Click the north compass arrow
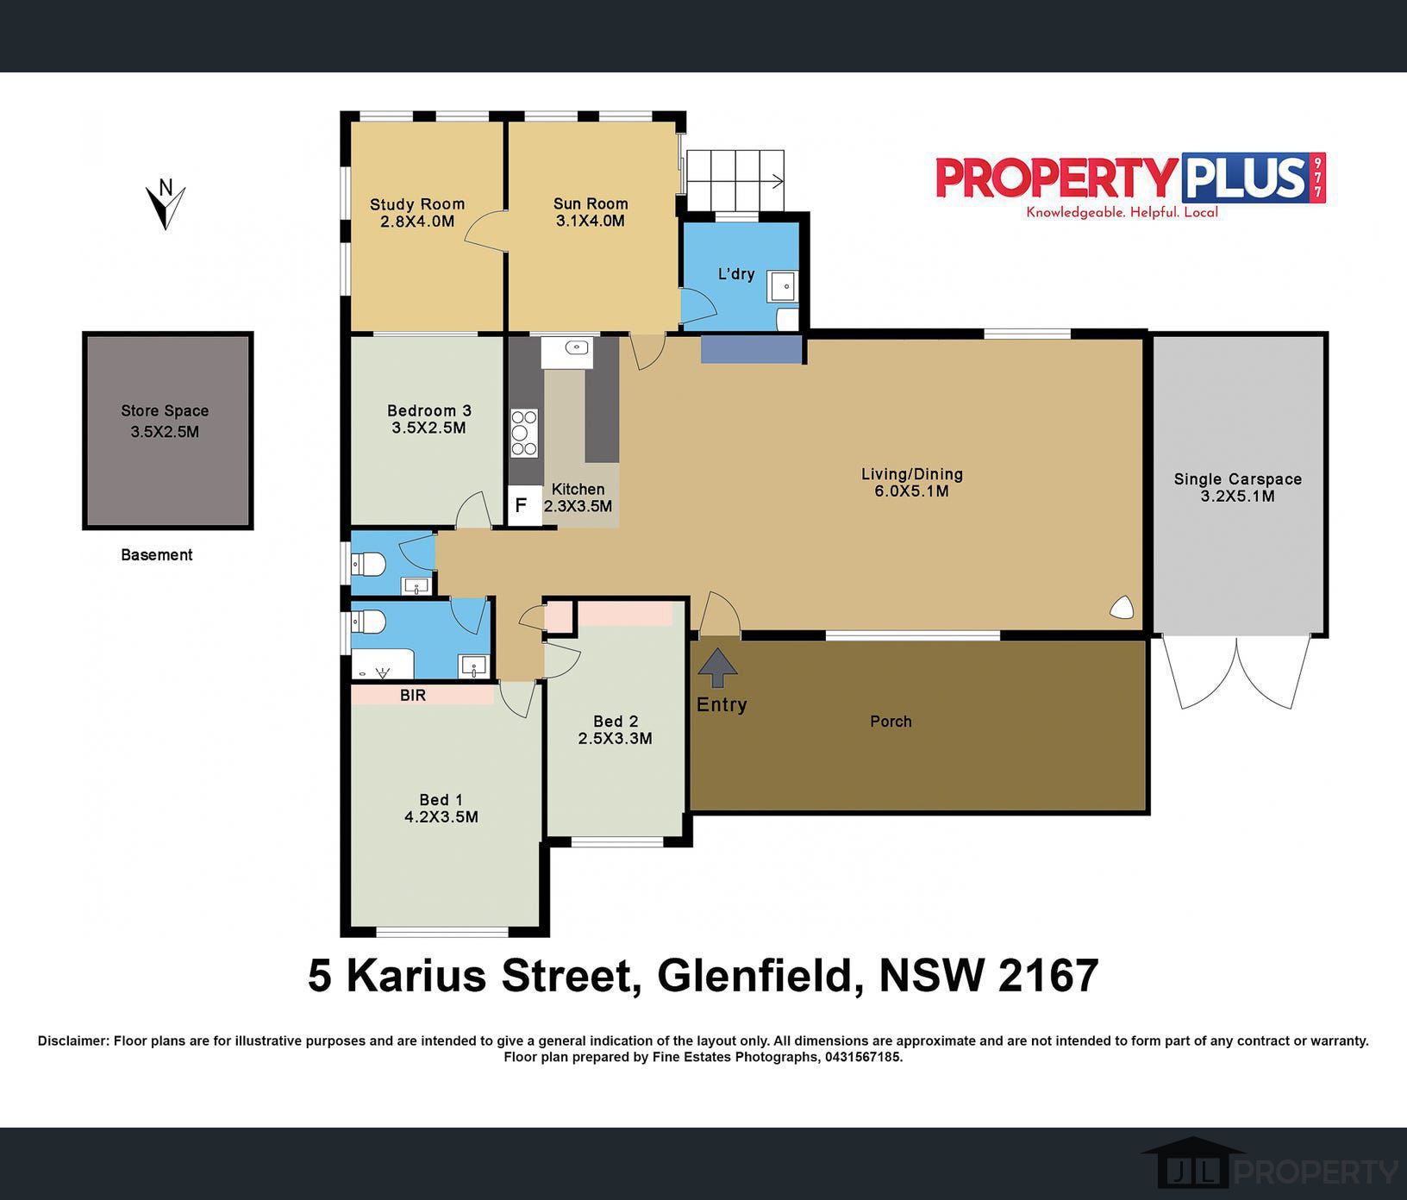(165, 205)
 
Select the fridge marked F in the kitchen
(521, 505)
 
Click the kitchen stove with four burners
(524, 433)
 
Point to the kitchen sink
(576, 348)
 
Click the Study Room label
(417, 204)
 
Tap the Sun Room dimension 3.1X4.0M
(591, 221)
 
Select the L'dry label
(736, 274)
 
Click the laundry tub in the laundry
(784, 286)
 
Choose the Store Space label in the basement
(165, 411)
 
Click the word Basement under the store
(157, 555)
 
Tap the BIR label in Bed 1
(413, 695)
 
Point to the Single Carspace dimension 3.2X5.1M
(1237, 496)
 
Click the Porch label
(891, 722)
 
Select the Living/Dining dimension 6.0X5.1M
(911, 491)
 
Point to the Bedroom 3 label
(428, 410)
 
